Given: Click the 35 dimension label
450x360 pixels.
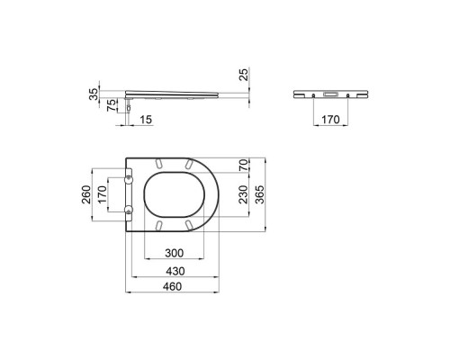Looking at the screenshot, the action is click(x=94, y=94).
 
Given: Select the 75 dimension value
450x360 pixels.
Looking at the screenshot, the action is click(x=112, y=105).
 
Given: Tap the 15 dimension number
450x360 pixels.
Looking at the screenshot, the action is click(x=146, y=120).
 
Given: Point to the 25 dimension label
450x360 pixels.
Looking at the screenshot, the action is click(x=245, y=75).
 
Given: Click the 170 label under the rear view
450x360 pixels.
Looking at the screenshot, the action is click(x=330, y=120).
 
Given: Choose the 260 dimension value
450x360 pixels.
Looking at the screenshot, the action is click(x=86, y=194).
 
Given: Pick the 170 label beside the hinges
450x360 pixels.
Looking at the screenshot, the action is click(x=102, y=194).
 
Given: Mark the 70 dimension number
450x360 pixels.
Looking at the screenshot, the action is click(x=244, y=165).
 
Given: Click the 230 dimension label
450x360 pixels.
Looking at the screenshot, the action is click(x=244, y=194).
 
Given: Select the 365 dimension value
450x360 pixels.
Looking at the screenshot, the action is click(x=260, y=194).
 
